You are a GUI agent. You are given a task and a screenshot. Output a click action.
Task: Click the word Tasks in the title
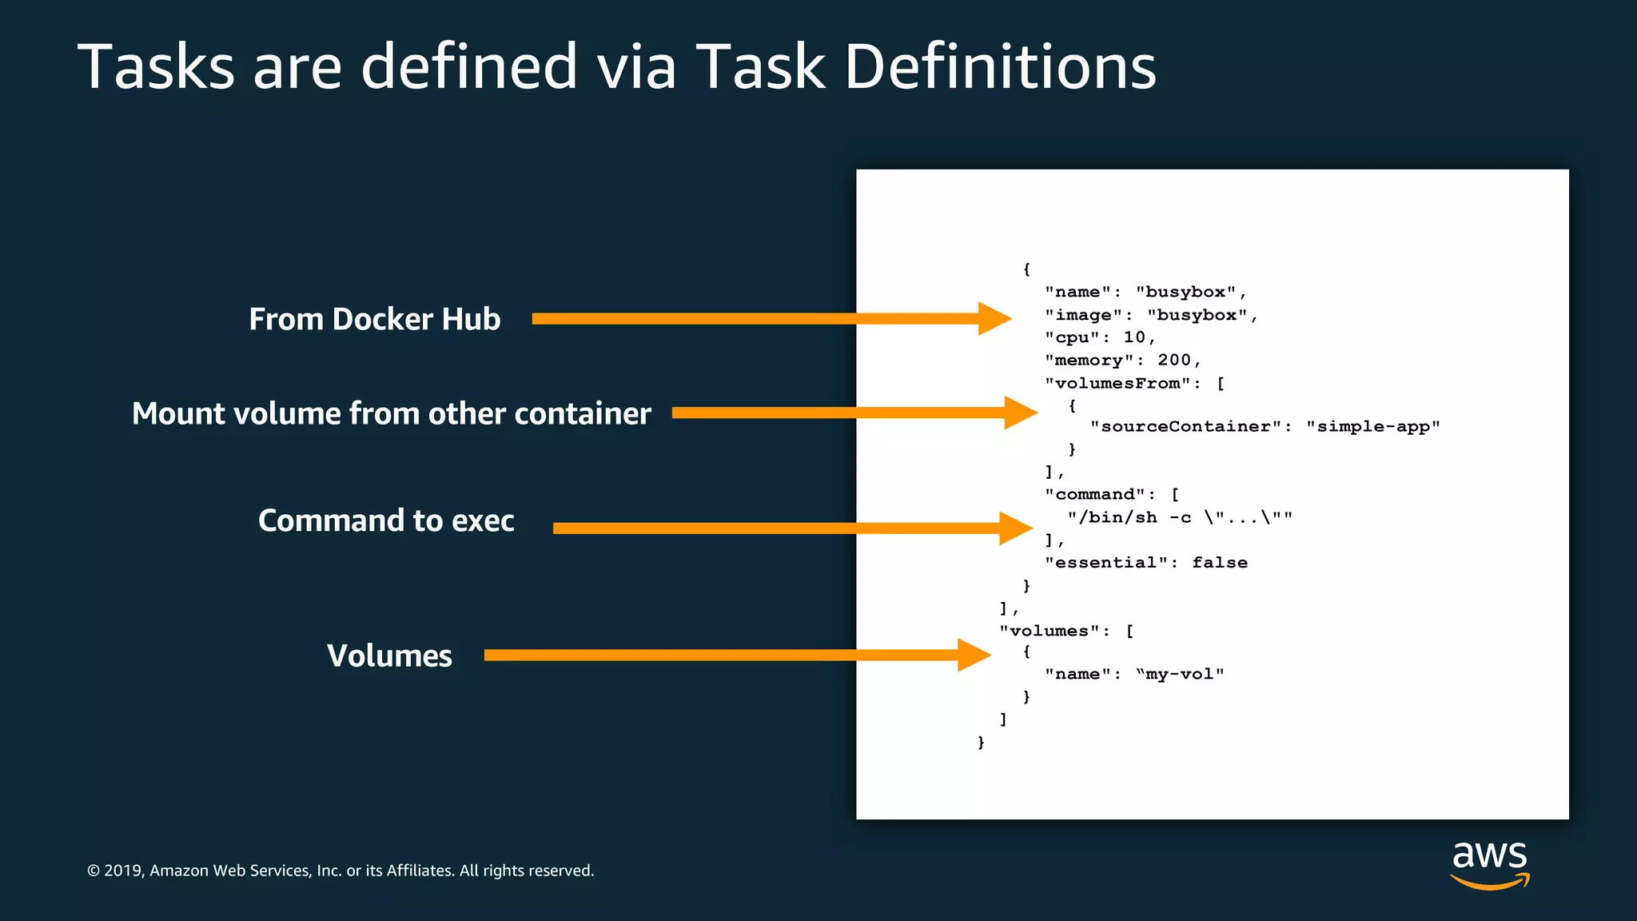click(157, 67)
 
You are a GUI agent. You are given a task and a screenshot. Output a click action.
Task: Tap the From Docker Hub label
click(374, 319)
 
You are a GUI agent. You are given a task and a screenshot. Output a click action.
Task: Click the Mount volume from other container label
click(392, 413)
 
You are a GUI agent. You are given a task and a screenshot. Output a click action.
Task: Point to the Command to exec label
click(386, 520)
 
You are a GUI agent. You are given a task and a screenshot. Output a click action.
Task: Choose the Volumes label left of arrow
click(389, 656)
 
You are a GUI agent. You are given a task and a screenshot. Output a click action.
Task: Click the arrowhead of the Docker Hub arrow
click(994, 318)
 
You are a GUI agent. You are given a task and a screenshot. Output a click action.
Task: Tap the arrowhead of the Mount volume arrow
click(1021, 413)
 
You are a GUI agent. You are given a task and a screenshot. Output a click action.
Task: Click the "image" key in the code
click(1083, 315)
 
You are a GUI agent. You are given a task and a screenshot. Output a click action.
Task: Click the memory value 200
click(1174, 361)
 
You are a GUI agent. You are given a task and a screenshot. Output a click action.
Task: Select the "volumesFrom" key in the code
click(1117, 384)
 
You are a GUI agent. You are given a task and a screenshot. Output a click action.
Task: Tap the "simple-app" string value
click(1373, 426)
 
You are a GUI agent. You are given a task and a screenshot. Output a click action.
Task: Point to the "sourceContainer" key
click(1186, 426)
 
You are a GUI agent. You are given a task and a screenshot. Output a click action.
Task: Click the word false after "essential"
click(1220, 563)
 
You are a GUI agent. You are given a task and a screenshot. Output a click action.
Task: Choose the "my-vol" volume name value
click(1180, 674)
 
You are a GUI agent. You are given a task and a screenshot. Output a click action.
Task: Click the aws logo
click(1490, 864)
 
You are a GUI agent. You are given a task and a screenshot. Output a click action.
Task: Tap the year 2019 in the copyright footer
click(122, 871)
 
